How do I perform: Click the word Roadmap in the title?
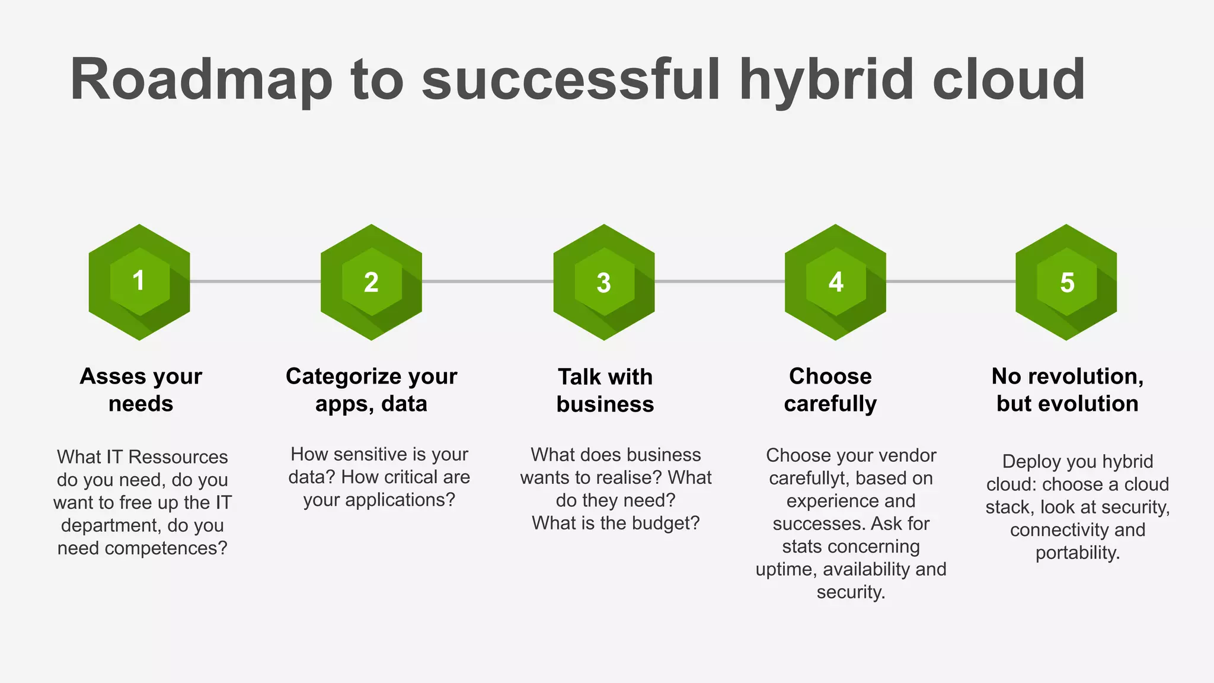(x=201, y=80)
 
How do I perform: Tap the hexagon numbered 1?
(x=139, y=282)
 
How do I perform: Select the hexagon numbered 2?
(x=371, y=282)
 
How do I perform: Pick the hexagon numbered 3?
(x=603, y=282)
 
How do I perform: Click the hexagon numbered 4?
(x=835, y=282)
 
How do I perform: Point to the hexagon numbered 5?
(x=1066, y=282)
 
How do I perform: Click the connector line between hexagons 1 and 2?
(x=255, y=281)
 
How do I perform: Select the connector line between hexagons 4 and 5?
(x=951, y=281)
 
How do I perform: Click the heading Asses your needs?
(x=141, y=390)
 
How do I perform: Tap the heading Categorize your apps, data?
(x=371, y=390)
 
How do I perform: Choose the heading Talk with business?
(x=605, y=390)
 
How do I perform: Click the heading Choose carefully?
(x=830, y=390)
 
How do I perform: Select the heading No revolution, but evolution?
(x=1067, y=390)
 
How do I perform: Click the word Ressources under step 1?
(x=178, y=457)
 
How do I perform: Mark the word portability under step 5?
(x=1077, y=553)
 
